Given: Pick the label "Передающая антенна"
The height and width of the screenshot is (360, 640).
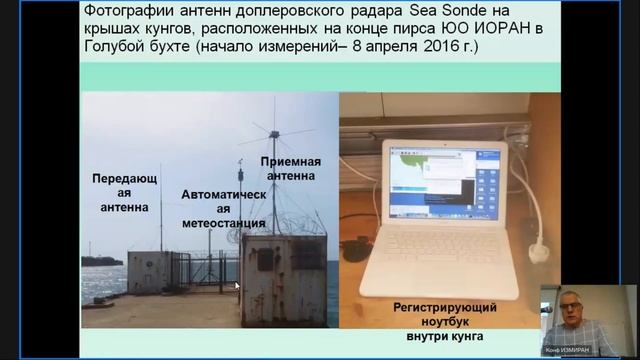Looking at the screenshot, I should tap(124, 192).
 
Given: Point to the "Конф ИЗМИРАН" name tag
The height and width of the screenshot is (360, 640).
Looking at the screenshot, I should tap(565, 349).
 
